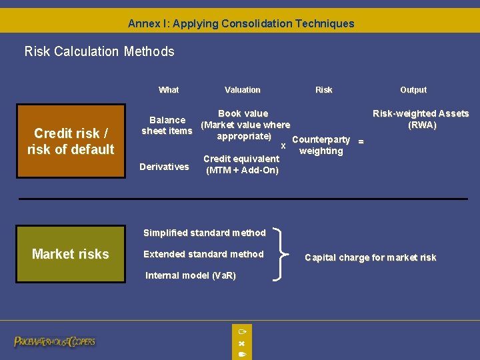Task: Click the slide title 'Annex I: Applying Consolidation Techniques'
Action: click(x=241, y=23)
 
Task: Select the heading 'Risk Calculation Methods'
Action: click(x=99, y=51)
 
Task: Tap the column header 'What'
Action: click(x=169, y=90)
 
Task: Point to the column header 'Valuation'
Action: click(x=243, y=90)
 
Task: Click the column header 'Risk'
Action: click(x=323, y=90)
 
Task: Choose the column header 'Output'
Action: click(x=413, y=90)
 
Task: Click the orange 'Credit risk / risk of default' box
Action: click(x=71, y=141)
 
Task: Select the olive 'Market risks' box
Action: click(x=71, y=254)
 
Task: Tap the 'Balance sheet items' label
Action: click(x=167, y=125)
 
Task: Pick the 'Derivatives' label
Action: click(x=164, y=167)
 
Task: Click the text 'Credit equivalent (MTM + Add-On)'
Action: click(x=241, y=165)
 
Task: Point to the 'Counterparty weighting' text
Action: click(x=321, y=145)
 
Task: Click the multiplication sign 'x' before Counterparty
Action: click(x=283, y=145)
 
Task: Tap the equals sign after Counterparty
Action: click(x=361, y=141)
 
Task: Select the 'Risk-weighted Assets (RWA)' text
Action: click(x=421, y=119)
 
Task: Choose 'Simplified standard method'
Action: click(x=204, y=233)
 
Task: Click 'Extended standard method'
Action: click(x=203, y=254)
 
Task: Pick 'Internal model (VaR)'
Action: click(x=191, y=275)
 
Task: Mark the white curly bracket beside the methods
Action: click(x=286, y=253)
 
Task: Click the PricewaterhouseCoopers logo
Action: click(x=55, y=342)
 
